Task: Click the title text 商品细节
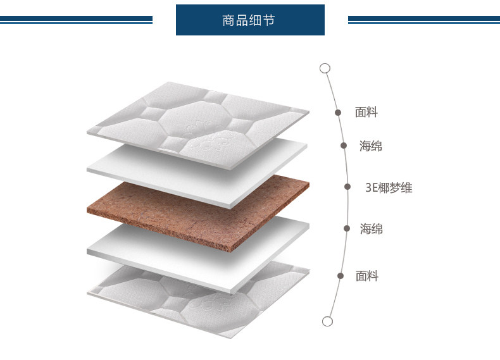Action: point(249,20)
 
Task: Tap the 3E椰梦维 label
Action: point(389,188)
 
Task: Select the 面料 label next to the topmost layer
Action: point(366,113)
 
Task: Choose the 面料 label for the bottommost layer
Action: point(366,276)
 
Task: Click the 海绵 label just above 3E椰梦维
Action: point(371,146)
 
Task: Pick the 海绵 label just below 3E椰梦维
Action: point(371,229)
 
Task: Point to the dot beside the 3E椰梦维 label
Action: point(347,187)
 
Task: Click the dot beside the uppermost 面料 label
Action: point(338,113)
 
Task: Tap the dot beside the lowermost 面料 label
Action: point(340,276)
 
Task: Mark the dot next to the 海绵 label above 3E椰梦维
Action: point(344,146)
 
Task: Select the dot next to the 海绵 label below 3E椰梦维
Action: point(347,228)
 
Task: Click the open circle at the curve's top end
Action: point(325,68)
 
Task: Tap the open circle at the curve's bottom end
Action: point(327,321)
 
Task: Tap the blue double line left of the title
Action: point(76,20)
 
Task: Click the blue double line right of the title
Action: point(423,20)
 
